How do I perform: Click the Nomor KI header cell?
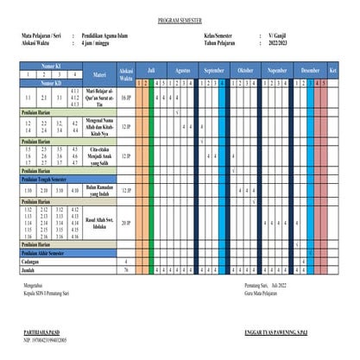[50, 65]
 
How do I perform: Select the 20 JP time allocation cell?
[126, 222]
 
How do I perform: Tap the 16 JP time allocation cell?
[126, 98]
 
